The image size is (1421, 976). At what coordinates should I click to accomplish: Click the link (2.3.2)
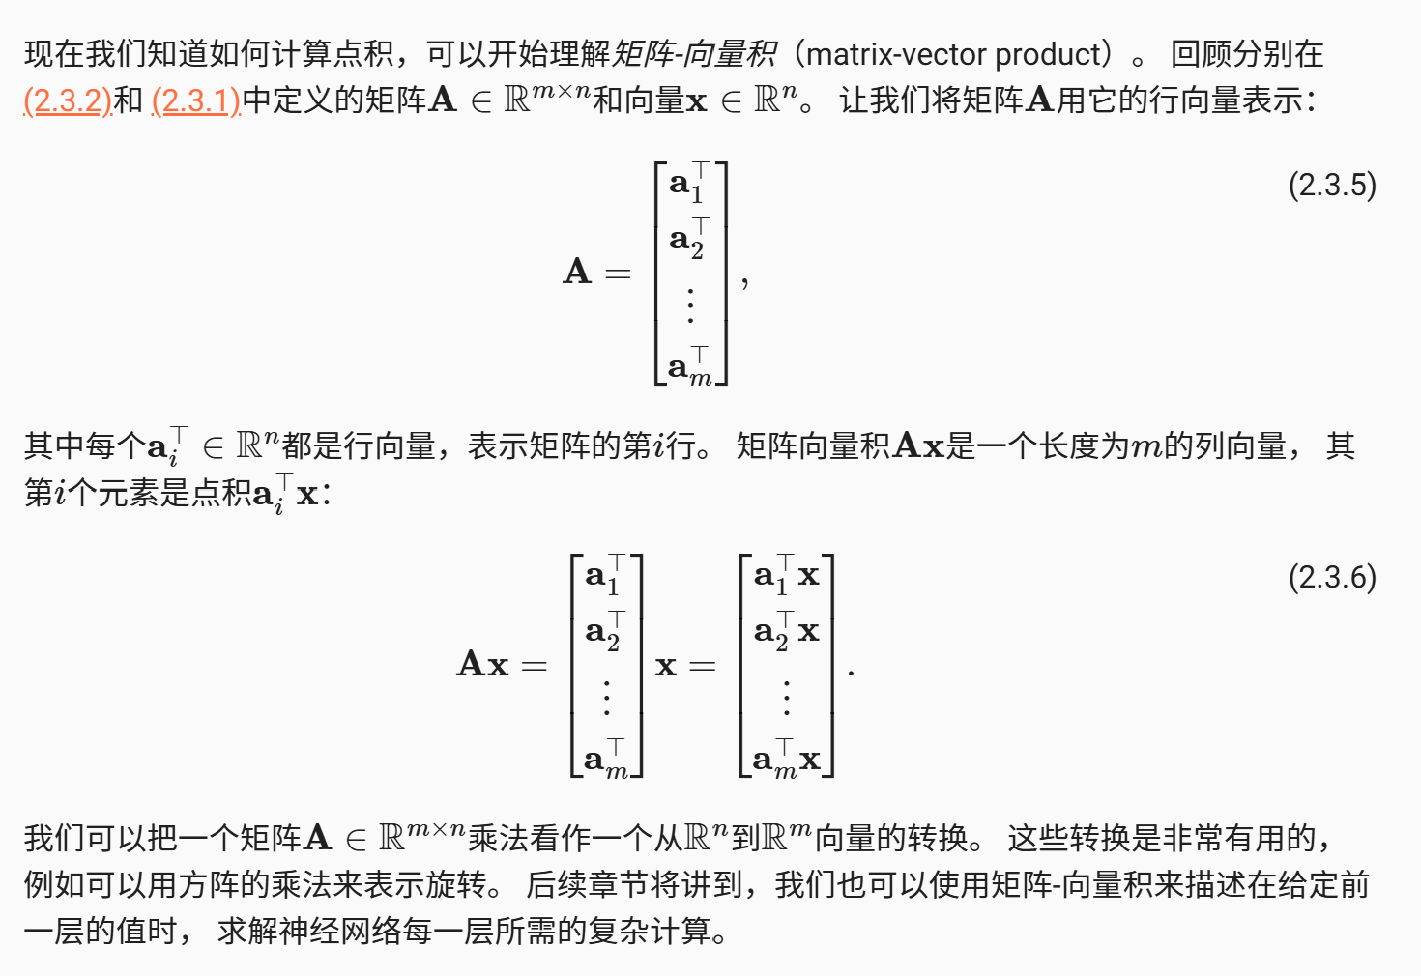click(68, 100)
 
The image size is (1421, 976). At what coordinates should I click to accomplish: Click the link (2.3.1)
click(196, 100)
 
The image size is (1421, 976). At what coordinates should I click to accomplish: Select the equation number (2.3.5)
click(1332, 185)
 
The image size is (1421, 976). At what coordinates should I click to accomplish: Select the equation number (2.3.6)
click(1332, 577)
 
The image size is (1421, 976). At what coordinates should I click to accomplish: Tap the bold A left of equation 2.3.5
click(577, 272)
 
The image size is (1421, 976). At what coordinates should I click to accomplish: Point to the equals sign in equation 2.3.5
click(618, 273)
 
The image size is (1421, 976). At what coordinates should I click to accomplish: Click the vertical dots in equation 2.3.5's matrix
click(690, 304)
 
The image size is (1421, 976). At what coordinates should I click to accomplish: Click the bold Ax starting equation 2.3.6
click(482, 664)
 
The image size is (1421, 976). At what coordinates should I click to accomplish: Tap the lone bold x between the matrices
click(666, 666)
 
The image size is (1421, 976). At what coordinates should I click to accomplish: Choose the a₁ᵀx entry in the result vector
click(786, 575)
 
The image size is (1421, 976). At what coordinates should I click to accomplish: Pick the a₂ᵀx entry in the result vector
click(786, 631)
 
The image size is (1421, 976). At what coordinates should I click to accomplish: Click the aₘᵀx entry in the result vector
click(786, 760)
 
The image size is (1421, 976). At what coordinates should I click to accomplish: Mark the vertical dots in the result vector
click(787, 697)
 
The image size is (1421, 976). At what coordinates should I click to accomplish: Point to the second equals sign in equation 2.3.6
click(703, 666)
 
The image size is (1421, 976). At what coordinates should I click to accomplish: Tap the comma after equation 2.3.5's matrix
click(744, 283)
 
